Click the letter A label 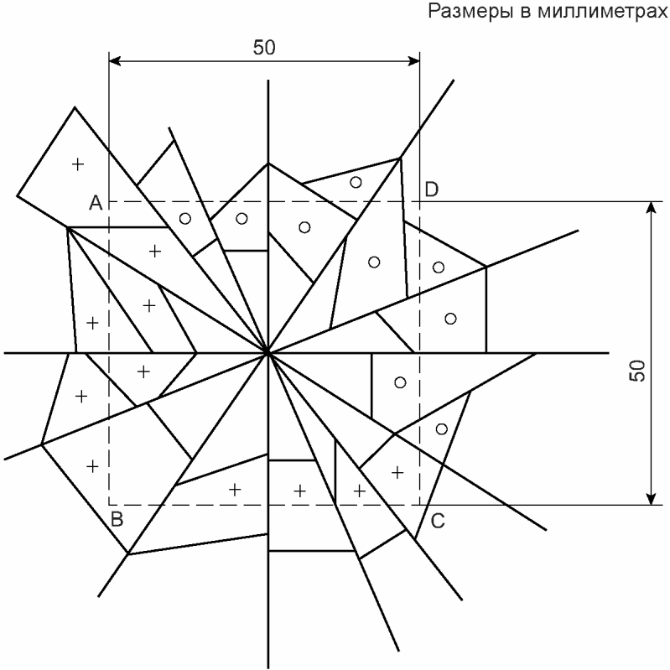point(96,203)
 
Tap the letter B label point(118,519)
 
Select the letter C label point(437,521)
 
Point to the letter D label point(431,190)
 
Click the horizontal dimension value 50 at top point(264,48)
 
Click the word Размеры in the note point(462,12)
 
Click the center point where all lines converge point(268,353)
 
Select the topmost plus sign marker point(78,164)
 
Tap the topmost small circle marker point(356,182)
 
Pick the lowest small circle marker point(441,429)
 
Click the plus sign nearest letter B point(93,465)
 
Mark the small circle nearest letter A point(185,218)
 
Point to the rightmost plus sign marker point(397,471)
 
